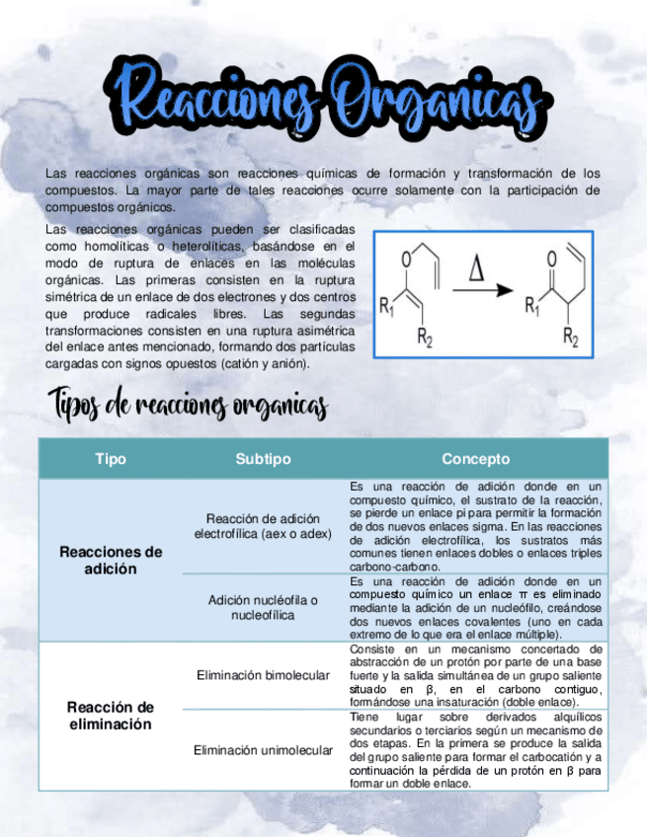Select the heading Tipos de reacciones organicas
coord(189,405)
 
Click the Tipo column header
coord(111,459)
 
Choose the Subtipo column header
coord(263,459)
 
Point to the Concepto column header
coord(475,459)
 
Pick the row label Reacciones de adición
coord(111,560)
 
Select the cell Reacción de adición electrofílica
coord(263,526)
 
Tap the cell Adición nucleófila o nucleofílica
coord(263,607)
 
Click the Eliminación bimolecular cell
coord(263,675)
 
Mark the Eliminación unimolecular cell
coord(263,750)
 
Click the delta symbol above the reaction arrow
coord(476,269)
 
